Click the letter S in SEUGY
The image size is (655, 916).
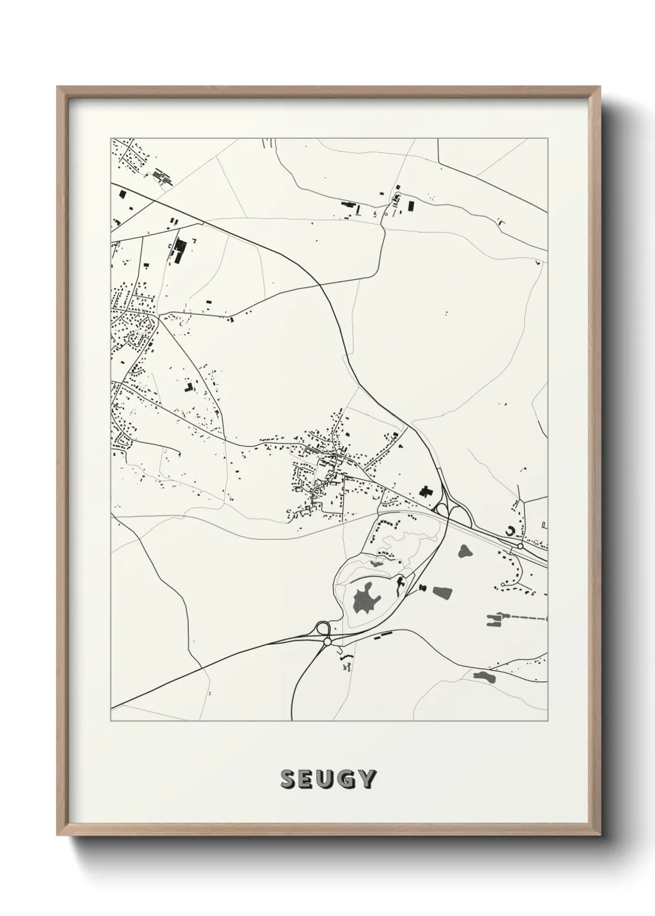coord(288,779)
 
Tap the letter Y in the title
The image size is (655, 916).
coord(367,779)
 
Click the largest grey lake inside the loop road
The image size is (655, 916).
coord(365,597)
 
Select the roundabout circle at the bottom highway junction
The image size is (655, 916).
coord(326,642)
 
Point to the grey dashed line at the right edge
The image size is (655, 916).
coord(526,618)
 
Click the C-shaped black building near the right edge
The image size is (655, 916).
coord(510,531)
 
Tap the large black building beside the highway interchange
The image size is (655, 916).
coord(425,493)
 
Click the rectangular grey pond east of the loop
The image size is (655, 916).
coord(441,593)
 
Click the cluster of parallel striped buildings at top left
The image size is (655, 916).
coord(162,175)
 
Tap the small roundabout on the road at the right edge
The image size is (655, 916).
coord(520,546)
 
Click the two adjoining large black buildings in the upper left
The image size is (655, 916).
coord(179,250)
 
